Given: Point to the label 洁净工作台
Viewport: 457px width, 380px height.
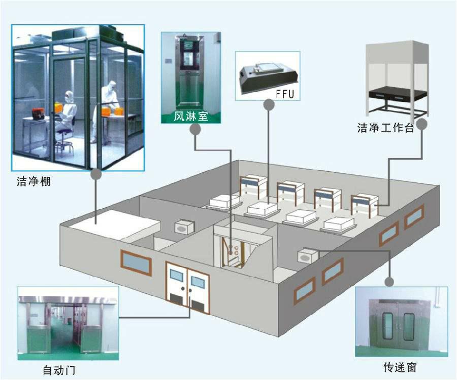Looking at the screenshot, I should pyautogui.click(x=386, y=129).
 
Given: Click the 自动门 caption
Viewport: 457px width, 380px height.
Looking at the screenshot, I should pyautogui.click(x=58, y=371).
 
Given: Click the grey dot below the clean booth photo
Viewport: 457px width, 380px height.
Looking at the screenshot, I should pyautogui.click(x=95, y=174).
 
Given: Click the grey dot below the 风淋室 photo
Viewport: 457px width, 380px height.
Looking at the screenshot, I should pyautogui.click(x=195, y=130).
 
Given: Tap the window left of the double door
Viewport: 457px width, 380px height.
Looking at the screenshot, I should pyautogui.click(x=136, y=261).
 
